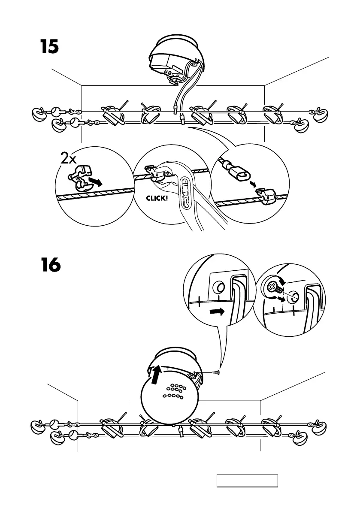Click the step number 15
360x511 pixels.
[x=49, y=47]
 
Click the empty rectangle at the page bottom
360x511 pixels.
[x=247, y=481]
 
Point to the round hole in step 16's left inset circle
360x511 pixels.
[x=219, y=286]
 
